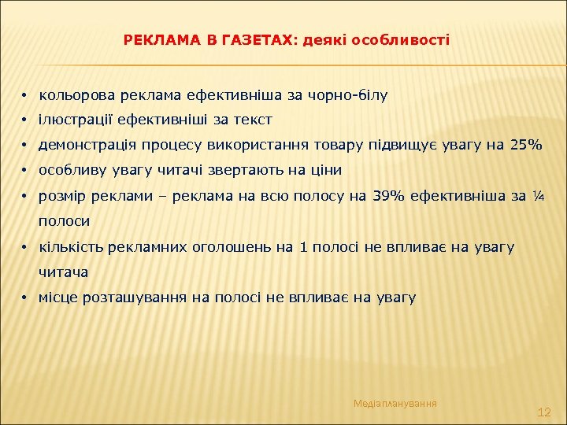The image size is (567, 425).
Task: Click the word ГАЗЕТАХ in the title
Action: [x=254, y=39]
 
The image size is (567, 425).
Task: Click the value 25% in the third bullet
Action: [x=526, y=145]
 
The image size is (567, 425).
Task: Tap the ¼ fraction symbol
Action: [x=539, y=195]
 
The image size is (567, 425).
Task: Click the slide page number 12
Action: [x=543, y=412]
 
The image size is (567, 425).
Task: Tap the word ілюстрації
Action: [x=72, y=120]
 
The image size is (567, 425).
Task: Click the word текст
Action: [x=254, y=120]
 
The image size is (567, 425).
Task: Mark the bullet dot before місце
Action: [x=25, y=298]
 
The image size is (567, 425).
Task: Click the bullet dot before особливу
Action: [x=25, y=171]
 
